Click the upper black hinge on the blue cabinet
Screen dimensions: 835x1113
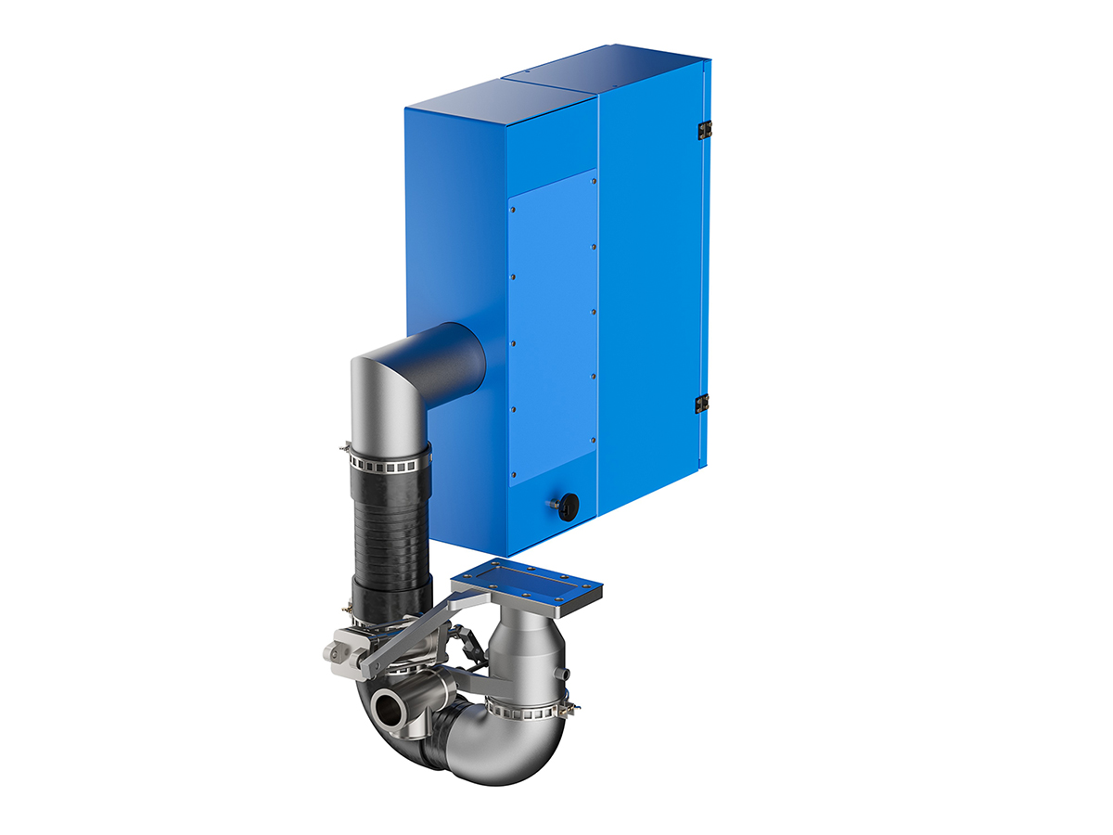[x=704, y=130]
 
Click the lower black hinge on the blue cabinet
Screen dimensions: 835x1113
[x=702, y=404]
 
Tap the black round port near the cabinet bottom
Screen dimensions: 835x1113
[x=568, y=505]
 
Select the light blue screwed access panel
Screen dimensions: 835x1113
[x=553, y=325]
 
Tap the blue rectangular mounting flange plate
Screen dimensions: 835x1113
[x=527, y=582]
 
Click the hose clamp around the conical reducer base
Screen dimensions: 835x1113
[x=524, y=711]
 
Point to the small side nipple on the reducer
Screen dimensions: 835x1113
[x=559, y=673]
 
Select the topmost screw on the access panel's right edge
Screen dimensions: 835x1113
[x=594, y=182]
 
